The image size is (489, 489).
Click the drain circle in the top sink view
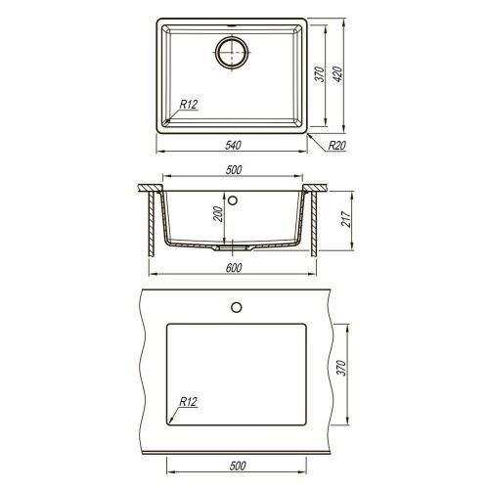click(x=233, y=51)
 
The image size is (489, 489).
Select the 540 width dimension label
click(x=233, y=146)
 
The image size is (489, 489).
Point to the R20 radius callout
click(x=338, y=147)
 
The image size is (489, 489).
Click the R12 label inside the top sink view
click(x=190, y=105)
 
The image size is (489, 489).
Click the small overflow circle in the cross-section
click(x=234, y=202)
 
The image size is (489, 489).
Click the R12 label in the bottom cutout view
click(x=190, y=402)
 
